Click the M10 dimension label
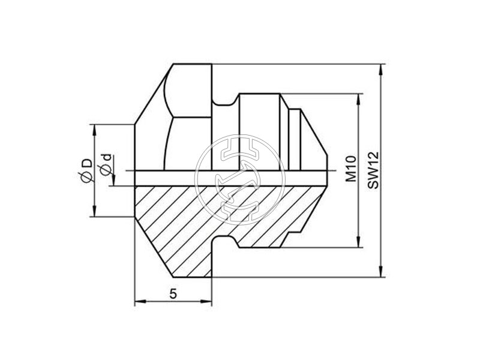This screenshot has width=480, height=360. pos(352,169)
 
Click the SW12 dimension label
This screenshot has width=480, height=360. pos(373,170)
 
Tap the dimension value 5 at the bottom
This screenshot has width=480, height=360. pos(173,294)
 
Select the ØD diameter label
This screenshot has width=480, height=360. pos(85,171)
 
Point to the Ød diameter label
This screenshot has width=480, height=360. pos(106,166)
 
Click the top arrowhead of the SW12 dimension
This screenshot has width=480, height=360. pos(382,70)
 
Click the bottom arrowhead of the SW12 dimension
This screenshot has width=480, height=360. pos(382,272)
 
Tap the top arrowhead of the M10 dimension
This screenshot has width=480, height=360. pos(359,99)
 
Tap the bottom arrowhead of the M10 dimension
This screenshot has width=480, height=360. pos(359,242)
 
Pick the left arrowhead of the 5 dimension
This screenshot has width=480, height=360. pos(140,302)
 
